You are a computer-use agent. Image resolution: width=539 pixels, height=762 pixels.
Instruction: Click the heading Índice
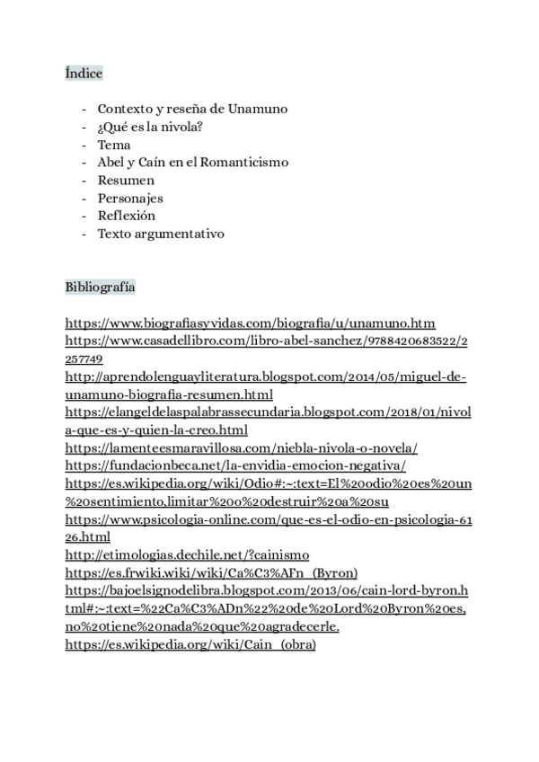[84, 73]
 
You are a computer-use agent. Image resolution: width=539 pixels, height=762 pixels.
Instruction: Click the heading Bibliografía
[100, 288]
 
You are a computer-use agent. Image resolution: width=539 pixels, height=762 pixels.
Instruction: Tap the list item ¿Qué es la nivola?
[150, 127]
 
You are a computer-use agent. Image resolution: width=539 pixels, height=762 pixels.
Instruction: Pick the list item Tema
[114, 145]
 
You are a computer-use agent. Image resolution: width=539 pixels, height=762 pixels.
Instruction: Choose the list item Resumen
[126, 181]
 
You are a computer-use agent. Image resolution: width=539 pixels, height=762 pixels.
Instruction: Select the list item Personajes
[130, 199]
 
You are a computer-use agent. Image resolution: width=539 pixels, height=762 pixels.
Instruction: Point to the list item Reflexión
[127, 216]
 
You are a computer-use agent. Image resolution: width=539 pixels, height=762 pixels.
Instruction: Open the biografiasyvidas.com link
[251, 323]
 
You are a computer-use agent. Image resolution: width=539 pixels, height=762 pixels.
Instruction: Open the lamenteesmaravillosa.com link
[242, 447]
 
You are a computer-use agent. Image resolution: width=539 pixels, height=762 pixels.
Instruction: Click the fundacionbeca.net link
[235, 465]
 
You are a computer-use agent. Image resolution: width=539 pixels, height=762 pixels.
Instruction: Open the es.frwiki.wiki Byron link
[212, 572]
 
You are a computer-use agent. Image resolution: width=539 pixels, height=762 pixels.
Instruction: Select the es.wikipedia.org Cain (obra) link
[190, 643]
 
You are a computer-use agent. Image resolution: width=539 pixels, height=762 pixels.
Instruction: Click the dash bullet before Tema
[84, 145]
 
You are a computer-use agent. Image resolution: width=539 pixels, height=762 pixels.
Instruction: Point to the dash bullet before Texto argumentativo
[84, 234]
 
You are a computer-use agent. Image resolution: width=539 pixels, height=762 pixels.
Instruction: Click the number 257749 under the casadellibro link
[85, 359]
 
